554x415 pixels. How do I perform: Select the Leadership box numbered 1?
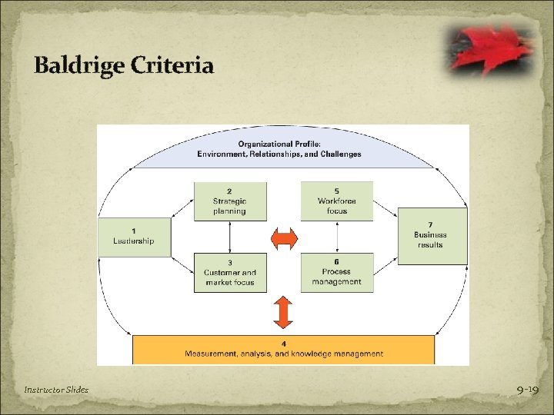coord(134,236)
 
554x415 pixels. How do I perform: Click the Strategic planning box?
coord(230,201)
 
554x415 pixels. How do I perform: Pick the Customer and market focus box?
coord(230,272)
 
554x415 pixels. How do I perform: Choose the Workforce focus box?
coord(336,201)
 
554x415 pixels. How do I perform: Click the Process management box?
coord(336,271)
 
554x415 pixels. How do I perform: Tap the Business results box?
coord(432,235)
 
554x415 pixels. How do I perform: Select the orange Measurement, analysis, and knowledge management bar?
coord(284,349)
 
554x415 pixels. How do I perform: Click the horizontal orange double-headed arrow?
coord(284,239)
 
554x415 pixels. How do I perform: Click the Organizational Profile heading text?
coord(279,144)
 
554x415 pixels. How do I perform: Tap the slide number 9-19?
coord(527,390)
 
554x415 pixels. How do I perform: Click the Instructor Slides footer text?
coord(55,390)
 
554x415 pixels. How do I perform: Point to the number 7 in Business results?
coord(430,224)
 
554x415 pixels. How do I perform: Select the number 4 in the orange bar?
coord(283,344)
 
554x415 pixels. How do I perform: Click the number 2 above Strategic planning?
coord(230,191)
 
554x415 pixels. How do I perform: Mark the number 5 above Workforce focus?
coord(336,191)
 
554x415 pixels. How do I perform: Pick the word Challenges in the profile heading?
coord(339,154)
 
